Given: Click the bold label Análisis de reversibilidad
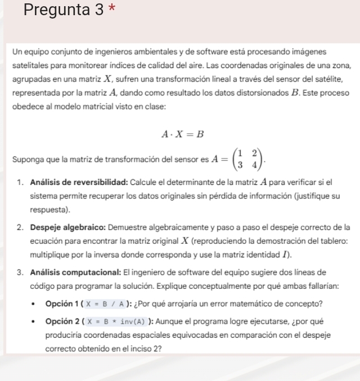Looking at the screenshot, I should [x=79, y=183].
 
